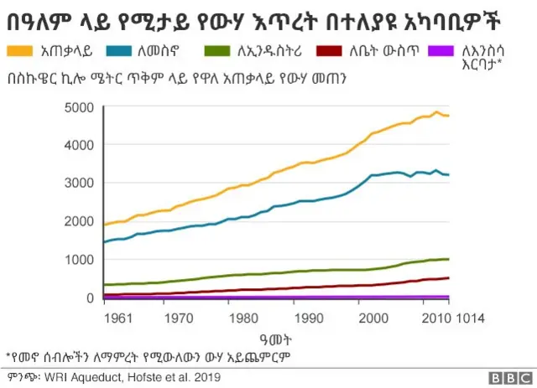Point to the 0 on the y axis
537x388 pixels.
(86, 297)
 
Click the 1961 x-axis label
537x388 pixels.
(120, 318)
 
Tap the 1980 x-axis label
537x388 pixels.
(242, 318)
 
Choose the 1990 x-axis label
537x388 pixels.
(309, 318)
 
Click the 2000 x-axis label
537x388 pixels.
(375, 318)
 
